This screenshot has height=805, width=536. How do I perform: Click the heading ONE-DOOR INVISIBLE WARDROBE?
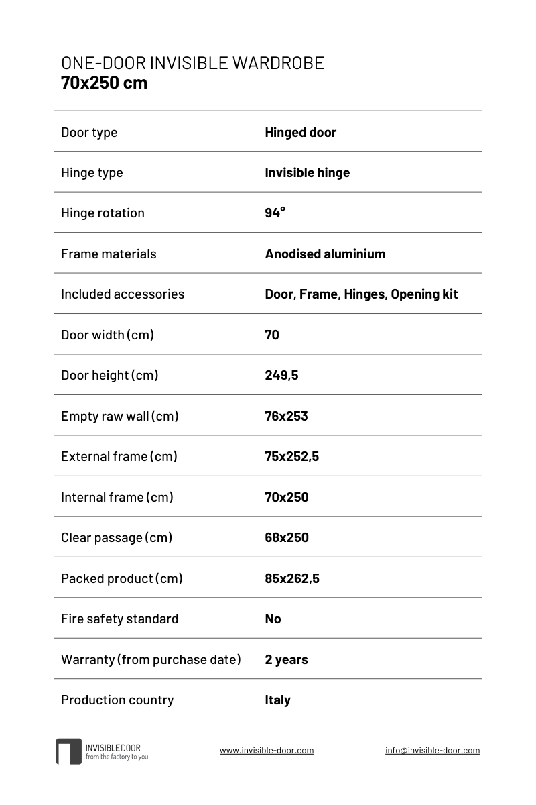(192, 63)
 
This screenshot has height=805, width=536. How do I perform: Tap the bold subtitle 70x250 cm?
(104, 83)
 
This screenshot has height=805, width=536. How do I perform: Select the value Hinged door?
(300, 132)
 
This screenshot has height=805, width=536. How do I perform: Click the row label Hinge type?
(92, 172)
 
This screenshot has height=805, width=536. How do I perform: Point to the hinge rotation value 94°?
(275, 213)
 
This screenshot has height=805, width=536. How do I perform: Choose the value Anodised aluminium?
(325, 254)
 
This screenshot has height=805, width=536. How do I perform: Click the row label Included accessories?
(123, 294)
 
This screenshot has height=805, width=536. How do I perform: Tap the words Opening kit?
(424, 294)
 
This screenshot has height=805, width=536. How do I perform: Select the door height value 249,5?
(281, 375)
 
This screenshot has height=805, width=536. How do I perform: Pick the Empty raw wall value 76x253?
(286, 416)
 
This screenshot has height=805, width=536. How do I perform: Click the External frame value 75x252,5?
(291, 456)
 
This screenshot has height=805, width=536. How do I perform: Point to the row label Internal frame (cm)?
(117, 497)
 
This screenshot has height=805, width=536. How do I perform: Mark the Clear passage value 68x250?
(287, 537)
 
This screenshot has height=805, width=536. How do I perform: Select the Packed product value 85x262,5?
(292, 578)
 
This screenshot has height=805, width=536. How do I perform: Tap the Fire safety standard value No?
(273, 619)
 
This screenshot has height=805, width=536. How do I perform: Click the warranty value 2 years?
(286, 659)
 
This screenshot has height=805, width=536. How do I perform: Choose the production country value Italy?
(277, 700)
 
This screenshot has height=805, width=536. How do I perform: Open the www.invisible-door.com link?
(267, 751)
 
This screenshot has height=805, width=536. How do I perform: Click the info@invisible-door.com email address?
(432, 751)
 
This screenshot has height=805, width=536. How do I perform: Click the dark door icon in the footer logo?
(68, 751)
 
